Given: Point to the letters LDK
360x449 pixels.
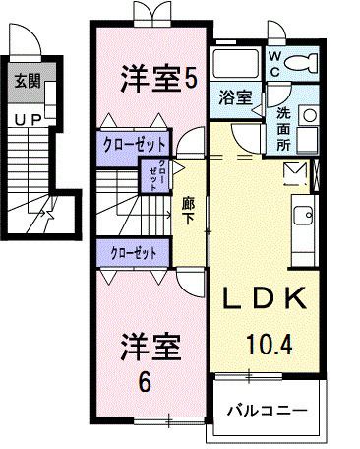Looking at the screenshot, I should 263,298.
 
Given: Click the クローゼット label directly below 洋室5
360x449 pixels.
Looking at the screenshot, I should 137,144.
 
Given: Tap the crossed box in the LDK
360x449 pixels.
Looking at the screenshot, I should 295,175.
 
